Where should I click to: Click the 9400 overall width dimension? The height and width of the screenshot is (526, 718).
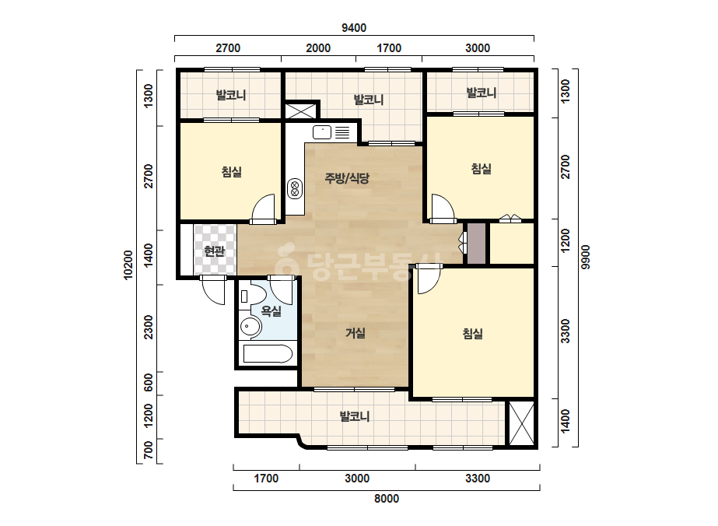(x=354, y=28)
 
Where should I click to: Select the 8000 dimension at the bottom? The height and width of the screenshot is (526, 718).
(x=387, y=499)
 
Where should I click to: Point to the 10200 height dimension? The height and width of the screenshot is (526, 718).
(x=128, y=265)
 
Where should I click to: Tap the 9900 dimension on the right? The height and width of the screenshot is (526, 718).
(x=586, y=257)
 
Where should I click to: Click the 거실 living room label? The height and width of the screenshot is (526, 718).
(x=355, y=333)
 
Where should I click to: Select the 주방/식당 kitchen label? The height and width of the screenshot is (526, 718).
(x=347, y=177)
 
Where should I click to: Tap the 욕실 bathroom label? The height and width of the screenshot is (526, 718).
(x=271, y=311)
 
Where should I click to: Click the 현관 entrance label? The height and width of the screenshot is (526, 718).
(x=214, y=251)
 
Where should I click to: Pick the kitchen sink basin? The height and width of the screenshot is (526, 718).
(x=322, y=132)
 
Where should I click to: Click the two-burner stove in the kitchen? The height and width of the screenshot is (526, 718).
(x=295, y=188)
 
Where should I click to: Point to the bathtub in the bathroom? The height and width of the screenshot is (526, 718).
(x=268, y=354)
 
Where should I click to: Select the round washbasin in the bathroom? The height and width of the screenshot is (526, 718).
(x=250, y=327)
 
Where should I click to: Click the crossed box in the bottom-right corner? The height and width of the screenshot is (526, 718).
(x=521, y=423)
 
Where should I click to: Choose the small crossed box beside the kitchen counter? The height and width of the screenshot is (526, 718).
(x=300, y=111)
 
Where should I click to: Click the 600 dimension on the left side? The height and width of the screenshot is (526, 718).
(x=148, y=383)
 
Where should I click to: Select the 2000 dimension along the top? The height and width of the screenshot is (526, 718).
(x=318, y=48)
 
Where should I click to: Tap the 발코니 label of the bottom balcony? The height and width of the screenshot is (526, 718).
(x=355, y=416)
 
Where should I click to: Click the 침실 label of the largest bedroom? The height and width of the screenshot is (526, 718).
(x=472, y=334)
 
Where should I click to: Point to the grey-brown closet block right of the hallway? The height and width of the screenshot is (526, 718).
(x=476, y=244)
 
